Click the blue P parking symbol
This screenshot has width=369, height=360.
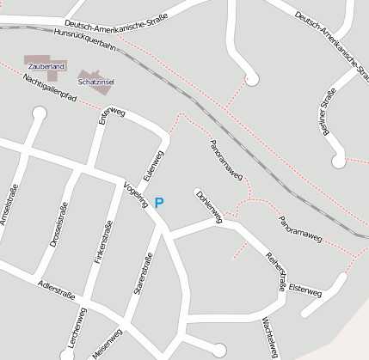tap(158, 204)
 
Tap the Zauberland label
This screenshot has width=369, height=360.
tap(46, 66)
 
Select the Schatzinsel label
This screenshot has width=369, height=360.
tap(96, 82)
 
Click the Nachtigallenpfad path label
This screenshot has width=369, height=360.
tap(51, 88)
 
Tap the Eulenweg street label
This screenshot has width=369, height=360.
tap(154, 165)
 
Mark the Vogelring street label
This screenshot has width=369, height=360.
tap(137, 195)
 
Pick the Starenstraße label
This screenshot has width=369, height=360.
tap(143, 273)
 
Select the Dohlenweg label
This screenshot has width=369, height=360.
tap(209, 207)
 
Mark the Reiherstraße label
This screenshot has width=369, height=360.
tap(274, 272)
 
